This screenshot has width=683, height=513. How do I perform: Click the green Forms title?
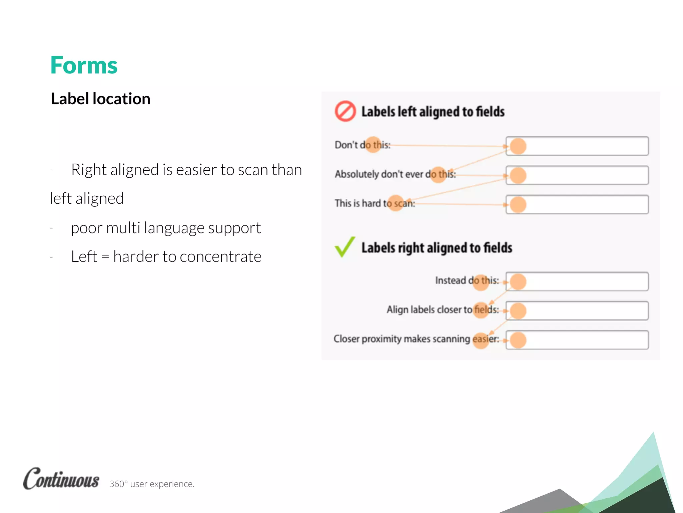pos(84,65)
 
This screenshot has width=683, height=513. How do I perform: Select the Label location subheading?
pos(100,99)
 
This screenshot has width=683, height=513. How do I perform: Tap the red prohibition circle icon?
pos(345,111)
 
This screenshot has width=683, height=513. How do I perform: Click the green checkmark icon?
pos(345,247)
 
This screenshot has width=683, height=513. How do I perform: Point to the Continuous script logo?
pos(61,479)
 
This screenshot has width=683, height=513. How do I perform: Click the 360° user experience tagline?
pos(152,484)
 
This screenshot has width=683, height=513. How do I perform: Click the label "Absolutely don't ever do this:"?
pos(395,174)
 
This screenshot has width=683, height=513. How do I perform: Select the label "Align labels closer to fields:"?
pos(443,310)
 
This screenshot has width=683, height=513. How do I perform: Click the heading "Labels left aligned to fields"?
pos(433,112)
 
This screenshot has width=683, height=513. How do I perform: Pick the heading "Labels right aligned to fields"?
pos(437,248)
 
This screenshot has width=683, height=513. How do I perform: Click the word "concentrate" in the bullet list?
pos(220,257)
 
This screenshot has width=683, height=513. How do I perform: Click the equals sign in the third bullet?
pos(105,257)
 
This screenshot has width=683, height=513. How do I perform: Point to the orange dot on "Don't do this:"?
pos(373,145)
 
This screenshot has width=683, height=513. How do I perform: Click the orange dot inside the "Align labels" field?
pos(518,311)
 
